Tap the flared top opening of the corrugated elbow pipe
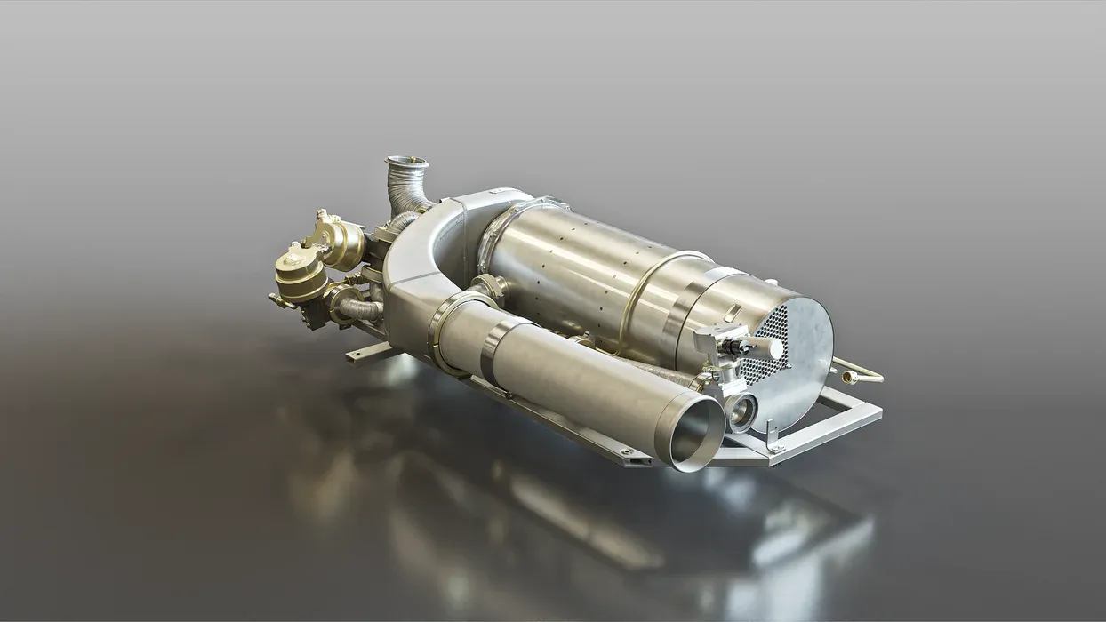pos(406,163)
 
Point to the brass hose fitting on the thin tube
pos(849,378)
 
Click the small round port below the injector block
pos(740,411)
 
